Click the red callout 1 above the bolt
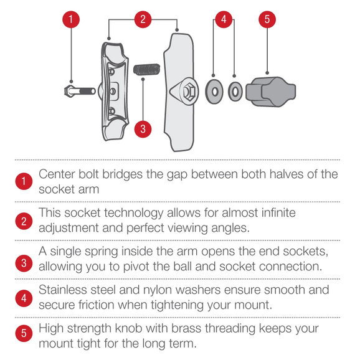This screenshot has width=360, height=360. click(x=71, y=19)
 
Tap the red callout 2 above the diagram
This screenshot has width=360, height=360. click(x=143, y=19)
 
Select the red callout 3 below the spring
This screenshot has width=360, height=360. click(x=143, y=129)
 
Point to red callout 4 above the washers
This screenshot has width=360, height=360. click(x=224, y=19)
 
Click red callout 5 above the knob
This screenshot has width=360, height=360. click(x=267, y=19)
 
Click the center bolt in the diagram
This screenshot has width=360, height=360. click(x=80, y=91)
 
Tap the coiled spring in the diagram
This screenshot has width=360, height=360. click(x=147, y=70)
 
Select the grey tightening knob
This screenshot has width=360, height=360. click(x=271, y=92)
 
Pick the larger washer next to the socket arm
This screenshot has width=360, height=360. click(x=214, y=92)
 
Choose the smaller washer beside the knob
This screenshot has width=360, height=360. click(x=235, y=92)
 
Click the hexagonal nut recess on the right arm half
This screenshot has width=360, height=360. click(x=189, y=92)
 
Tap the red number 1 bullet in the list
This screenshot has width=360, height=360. click(x=24, y=181)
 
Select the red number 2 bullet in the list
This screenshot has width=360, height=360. click(x=24, y=221)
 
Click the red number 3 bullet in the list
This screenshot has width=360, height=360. click(x=24, y=263)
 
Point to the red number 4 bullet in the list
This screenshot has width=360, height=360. click(x=24, y=298)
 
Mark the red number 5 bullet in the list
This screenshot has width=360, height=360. click(x=24, y=333)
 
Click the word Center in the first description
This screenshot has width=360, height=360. click(x=57, y=174)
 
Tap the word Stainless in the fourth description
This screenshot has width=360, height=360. click(x=63, y=290)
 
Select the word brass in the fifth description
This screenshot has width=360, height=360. click(x=186, y=328)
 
